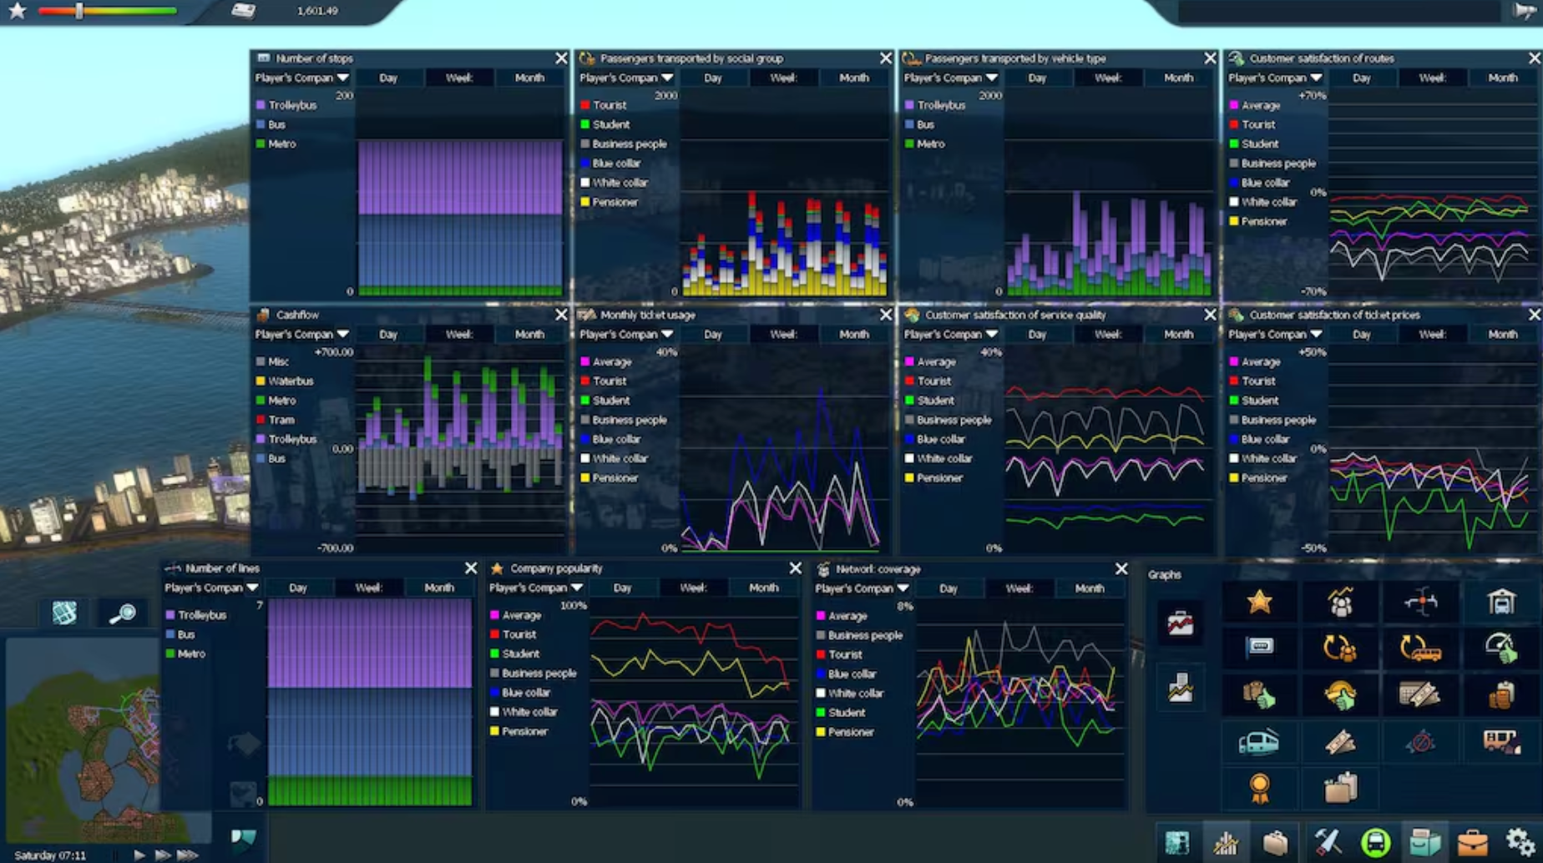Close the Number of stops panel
(561, 58)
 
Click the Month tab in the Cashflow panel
(529, 334)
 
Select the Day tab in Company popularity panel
(622, 588)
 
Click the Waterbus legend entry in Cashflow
(290, 381)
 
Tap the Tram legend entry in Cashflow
(281, 420)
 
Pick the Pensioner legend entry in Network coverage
(850, 732)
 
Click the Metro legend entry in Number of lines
(190, 654)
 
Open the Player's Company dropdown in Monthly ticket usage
(626, 334)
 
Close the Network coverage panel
(1121, 569)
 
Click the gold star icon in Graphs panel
(1259, 602)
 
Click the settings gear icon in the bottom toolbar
(1520, 841)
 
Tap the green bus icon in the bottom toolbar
(1375, 842)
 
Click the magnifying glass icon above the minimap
(123, 613)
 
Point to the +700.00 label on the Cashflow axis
(333, 352)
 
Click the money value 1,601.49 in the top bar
(317, 11)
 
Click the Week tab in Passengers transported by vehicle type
(1107, 78)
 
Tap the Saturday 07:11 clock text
(50, 855)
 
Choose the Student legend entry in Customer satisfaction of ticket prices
(1259, 401)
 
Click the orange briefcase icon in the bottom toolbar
(1472, 843)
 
